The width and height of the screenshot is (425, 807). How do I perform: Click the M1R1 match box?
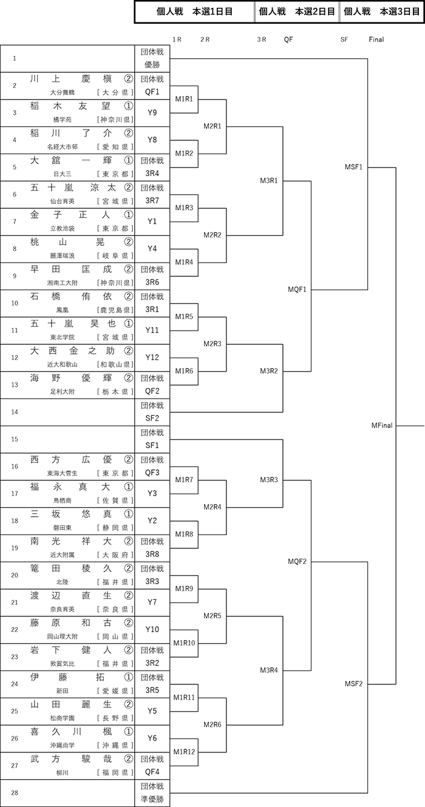(184, 99)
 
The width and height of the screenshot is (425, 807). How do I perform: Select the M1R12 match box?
(184, 752)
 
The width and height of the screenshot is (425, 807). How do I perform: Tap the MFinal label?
(382, 426)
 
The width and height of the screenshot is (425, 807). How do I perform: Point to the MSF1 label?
(353, 167)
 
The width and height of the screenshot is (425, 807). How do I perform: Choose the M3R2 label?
(269, 371)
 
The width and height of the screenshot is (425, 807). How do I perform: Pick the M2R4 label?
(212, 507)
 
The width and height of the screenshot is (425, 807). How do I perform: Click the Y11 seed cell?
(152, 330)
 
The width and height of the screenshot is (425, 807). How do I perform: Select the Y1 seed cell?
(152, 222)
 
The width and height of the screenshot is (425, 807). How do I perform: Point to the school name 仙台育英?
(63, 201)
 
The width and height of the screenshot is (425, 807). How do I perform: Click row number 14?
(15, 412)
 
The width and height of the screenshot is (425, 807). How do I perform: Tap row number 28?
(15, 793)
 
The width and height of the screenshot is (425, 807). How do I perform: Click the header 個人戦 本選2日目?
(297, 12)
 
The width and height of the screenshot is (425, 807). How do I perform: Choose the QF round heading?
(288, 39)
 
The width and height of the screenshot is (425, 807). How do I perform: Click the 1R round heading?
(177, 39)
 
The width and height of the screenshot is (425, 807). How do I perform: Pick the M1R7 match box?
(184, 480)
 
